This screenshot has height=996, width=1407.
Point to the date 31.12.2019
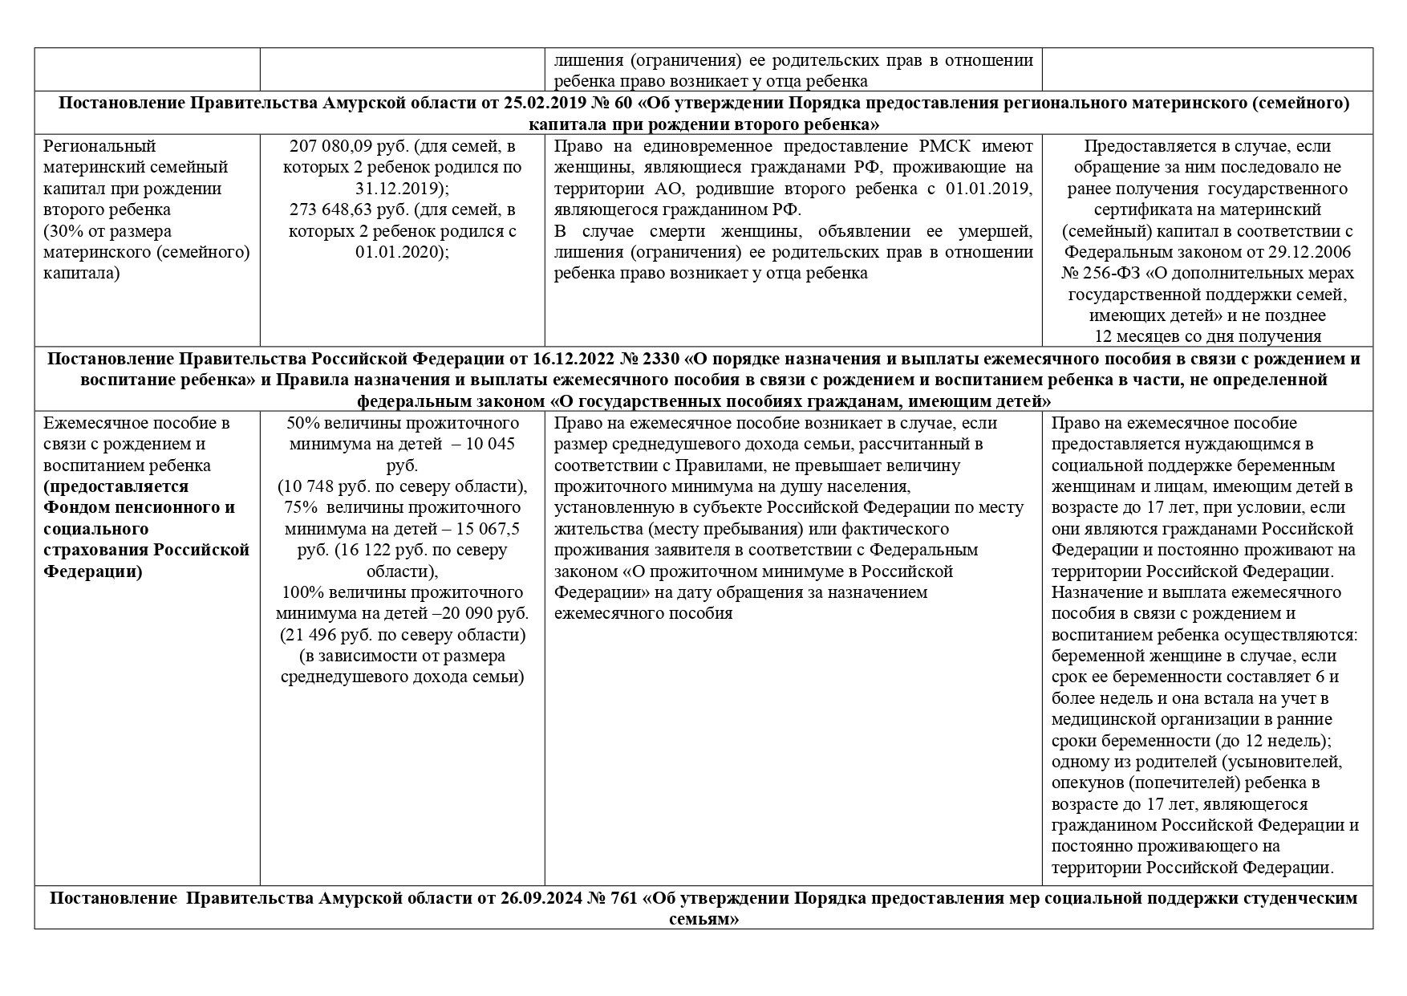[401, 189]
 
